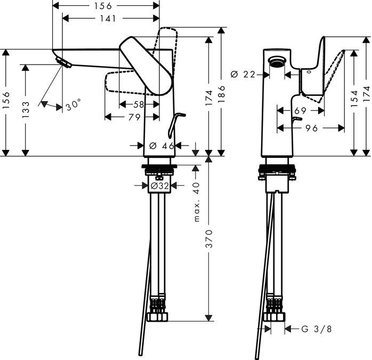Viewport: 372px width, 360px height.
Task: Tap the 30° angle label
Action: pos(73,106)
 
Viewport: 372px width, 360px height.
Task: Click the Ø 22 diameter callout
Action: pos(243,75)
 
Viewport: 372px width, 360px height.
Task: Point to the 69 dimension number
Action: pos(300,110)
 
